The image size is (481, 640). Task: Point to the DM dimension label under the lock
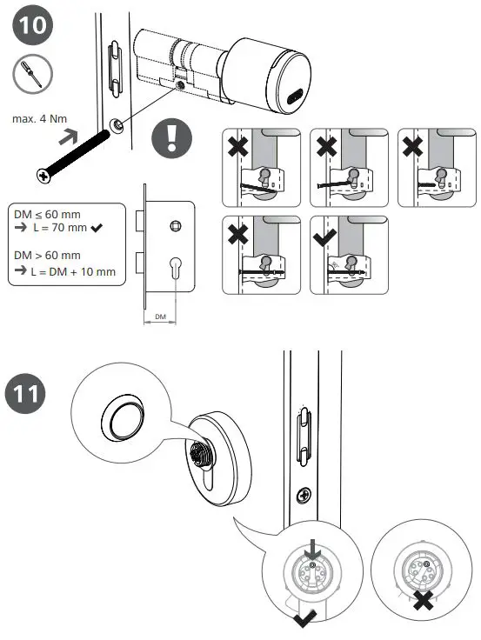coord(158,318)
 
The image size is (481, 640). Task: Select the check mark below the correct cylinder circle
coord(305,619)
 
